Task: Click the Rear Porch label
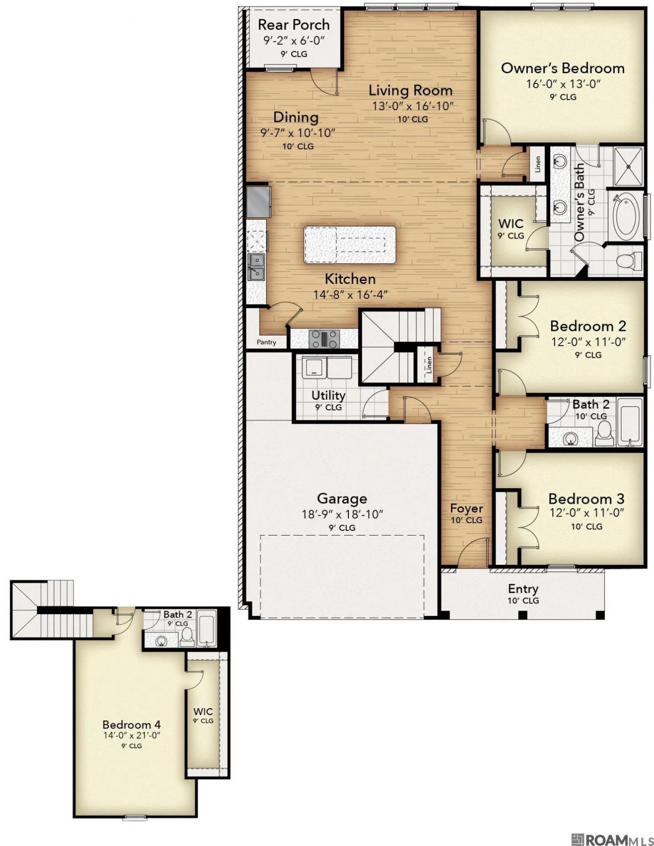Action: click(294, 25)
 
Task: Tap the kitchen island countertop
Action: click(349, 245)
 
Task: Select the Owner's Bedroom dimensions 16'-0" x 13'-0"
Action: click(563, 84)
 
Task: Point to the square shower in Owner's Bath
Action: click(628, 166)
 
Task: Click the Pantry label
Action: click(266, 342)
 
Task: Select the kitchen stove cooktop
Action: click(324, 339)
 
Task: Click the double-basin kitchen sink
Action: click(256, 267)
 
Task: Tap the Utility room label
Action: click(329, 396)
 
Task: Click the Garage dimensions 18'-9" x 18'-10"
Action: click(342, 514)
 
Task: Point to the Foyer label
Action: click(466, 509)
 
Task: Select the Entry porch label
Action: click(523, 589)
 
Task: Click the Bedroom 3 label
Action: click(586, 499)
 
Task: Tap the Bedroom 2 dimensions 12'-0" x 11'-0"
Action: click(588, 342)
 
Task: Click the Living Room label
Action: click(411, 91)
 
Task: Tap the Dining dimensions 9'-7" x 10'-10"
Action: click(297, 134)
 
